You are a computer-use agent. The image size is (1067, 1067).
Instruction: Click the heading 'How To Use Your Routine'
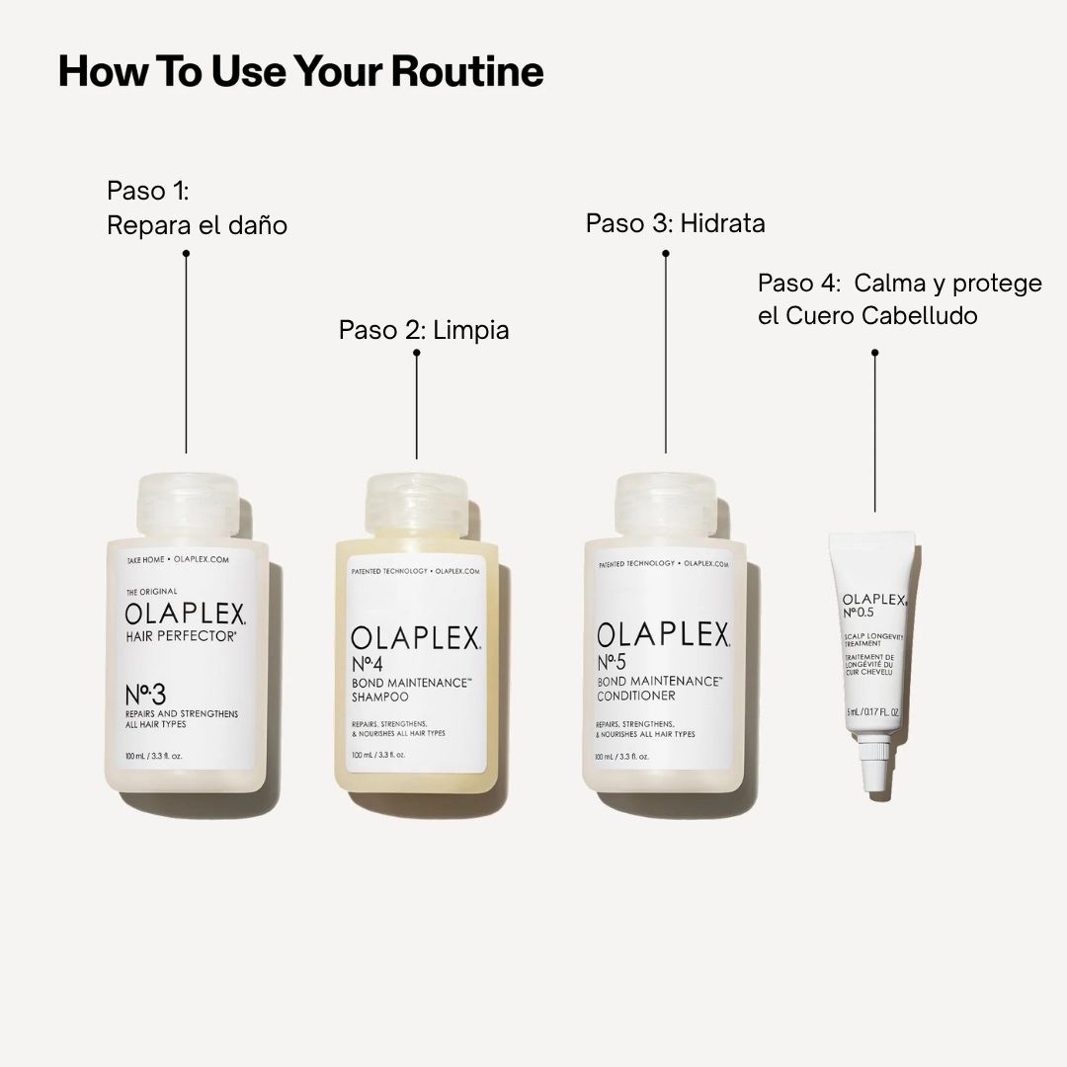click(x=300, y=72)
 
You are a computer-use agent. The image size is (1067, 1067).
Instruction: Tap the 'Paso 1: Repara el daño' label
click(x=197, y=207)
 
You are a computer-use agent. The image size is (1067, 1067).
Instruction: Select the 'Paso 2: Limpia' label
click(x=424, y=329)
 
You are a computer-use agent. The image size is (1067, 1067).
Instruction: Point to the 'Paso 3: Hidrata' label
click(x=675, y=223)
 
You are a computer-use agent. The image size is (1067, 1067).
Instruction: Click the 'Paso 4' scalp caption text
click(x=899, y=299)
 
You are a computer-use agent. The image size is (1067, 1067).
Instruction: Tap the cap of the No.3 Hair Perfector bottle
click(x=186, y=505)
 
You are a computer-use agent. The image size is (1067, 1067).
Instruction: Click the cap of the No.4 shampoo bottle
click(x=416, y=506)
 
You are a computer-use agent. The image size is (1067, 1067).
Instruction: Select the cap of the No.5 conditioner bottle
click(x=665, y=506)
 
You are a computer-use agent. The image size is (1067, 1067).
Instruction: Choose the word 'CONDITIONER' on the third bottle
click(x=635, y=697)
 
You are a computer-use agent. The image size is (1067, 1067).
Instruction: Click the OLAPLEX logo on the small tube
click(x=873, y=600)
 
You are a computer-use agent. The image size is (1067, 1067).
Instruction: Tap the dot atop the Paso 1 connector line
click(x=186, y=253)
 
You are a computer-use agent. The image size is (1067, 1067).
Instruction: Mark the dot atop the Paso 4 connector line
click(x=874, y=352)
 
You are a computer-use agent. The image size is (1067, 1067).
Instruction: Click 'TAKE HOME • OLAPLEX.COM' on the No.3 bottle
click(x=178, y=560)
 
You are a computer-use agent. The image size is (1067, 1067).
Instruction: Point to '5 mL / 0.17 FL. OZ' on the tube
click(x=872, y=711)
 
